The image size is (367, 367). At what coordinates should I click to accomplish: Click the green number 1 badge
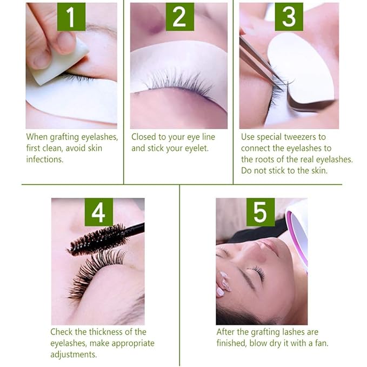(x=71, y=17)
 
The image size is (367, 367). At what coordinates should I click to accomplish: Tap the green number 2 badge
(x=180, y=17)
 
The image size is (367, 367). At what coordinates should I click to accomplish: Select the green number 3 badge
(x=289, y=17)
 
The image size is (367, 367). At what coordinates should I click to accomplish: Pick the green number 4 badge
(x=99, y=212)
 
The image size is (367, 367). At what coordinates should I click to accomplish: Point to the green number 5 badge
(x=261, y=212)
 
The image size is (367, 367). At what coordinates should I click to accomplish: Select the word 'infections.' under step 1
(x=45, y=159)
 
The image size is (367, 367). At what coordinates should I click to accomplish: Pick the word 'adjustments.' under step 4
(x=74, y=355)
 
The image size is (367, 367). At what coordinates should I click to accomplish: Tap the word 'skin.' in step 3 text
(x=319, y=171)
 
